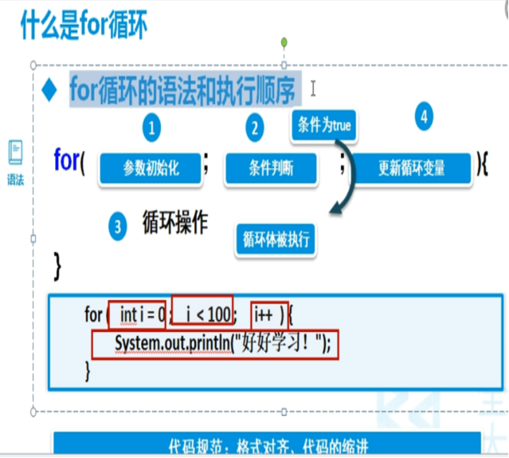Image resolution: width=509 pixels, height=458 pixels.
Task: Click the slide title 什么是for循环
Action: point(84,23)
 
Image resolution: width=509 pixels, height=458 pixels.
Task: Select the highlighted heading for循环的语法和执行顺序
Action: point(182,88)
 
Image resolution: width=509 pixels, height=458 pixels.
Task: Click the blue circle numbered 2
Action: point(254,127)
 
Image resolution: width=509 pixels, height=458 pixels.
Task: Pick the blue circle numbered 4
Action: point(424,116)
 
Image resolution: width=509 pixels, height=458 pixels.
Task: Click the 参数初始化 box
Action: point(151,169)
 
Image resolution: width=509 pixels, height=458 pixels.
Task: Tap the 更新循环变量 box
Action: point(411,169)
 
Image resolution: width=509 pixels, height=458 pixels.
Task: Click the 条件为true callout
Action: point(323,126)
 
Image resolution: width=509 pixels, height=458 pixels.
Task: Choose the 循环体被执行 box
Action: point(276,239)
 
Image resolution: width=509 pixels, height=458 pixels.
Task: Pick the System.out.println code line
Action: point(215,344)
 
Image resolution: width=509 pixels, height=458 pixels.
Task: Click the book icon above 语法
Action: point(16,152)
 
